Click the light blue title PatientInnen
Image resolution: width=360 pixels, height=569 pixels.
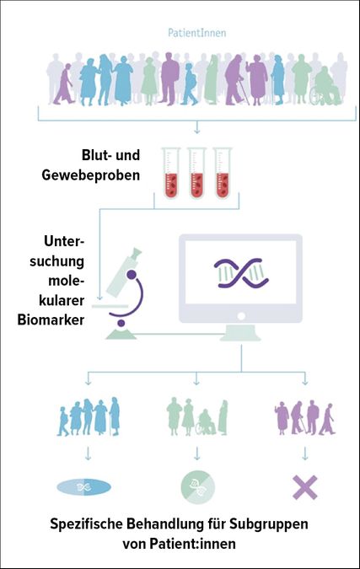[196, 33]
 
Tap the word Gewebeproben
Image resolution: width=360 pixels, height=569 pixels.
[91, 174]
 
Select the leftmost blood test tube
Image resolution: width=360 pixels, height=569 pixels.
[171, 173]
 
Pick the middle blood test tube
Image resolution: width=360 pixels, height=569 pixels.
[196, 173]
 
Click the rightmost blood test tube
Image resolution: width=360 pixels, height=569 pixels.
[223, 173]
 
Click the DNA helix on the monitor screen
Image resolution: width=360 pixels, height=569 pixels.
[241, 273]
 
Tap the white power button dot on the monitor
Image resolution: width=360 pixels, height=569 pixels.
[241, 316]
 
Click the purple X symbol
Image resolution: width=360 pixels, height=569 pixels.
[305, 487]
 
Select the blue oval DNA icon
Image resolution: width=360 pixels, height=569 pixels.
[83, 487]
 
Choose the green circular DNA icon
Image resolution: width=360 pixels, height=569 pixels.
[198, 487]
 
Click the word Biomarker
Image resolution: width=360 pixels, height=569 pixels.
[51, 320]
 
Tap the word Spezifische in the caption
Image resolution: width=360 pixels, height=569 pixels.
[87, 524]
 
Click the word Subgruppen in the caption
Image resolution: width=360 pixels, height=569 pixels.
[269, 524]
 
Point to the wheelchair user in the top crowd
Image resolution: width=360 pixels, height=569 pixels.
[325, 86]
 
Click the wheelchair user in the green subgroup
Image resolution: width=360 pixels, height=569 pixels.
[206, 422]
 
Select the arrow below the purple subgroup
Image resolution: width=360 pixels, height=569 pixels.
[305, 454]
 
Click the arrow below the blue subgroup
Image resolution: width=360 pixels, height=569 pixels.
[88, 454]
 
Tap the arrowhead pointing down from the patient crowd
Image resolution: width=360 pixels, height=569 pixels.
[196, 131]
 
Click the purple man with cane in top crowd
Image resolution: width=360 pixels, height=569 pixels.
[235, 80]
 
